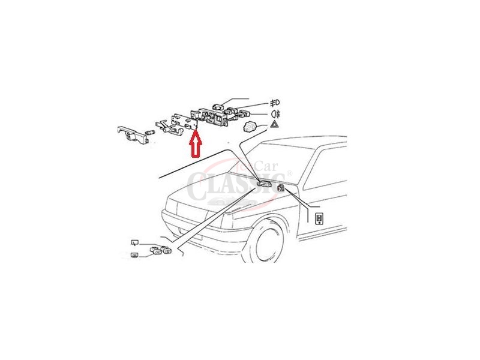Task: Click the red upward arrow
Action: (194, 144)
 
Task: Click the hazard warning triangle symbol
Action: (274, 125)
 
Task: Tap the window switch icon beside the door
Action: (320, 218)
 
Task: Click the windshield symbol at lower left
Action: (135, 242)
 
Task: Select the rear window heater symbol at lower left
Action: (135, 256)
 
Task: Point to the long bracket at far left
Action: (133, 134)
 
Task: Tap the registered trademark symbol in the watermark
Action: (290, 174)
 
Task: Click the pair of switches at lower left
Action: (158, 251)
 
